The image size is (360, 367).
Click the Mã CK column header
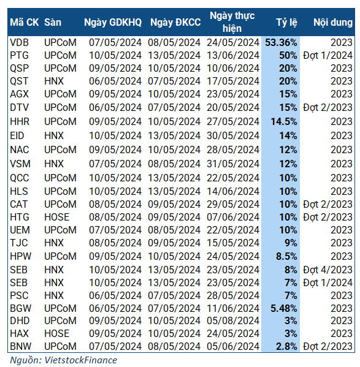pos(24,23)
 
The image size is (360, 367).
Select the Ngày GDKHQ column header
pos(112,23)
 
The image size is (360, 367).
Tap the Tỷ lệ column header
pos(286,23)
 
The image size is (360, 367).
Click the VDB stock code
pos(20,43)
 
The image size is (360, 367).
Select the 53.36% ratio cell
pos(281,43)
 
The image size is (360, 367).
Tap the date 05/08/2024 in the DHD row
pos(235,320)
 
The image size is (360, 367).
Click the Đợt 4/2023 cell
pos(327,270)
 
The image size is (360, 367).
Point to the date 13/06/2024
pos(235,55)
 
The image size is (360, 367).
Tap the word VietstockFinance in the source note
pos(81,360)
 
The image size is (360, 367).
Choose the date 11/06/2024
pos(235,308)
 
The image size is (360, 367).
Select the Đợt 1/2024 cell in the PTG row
pos(327,55)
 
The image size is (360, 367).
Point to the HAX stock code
pos(20,333)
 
